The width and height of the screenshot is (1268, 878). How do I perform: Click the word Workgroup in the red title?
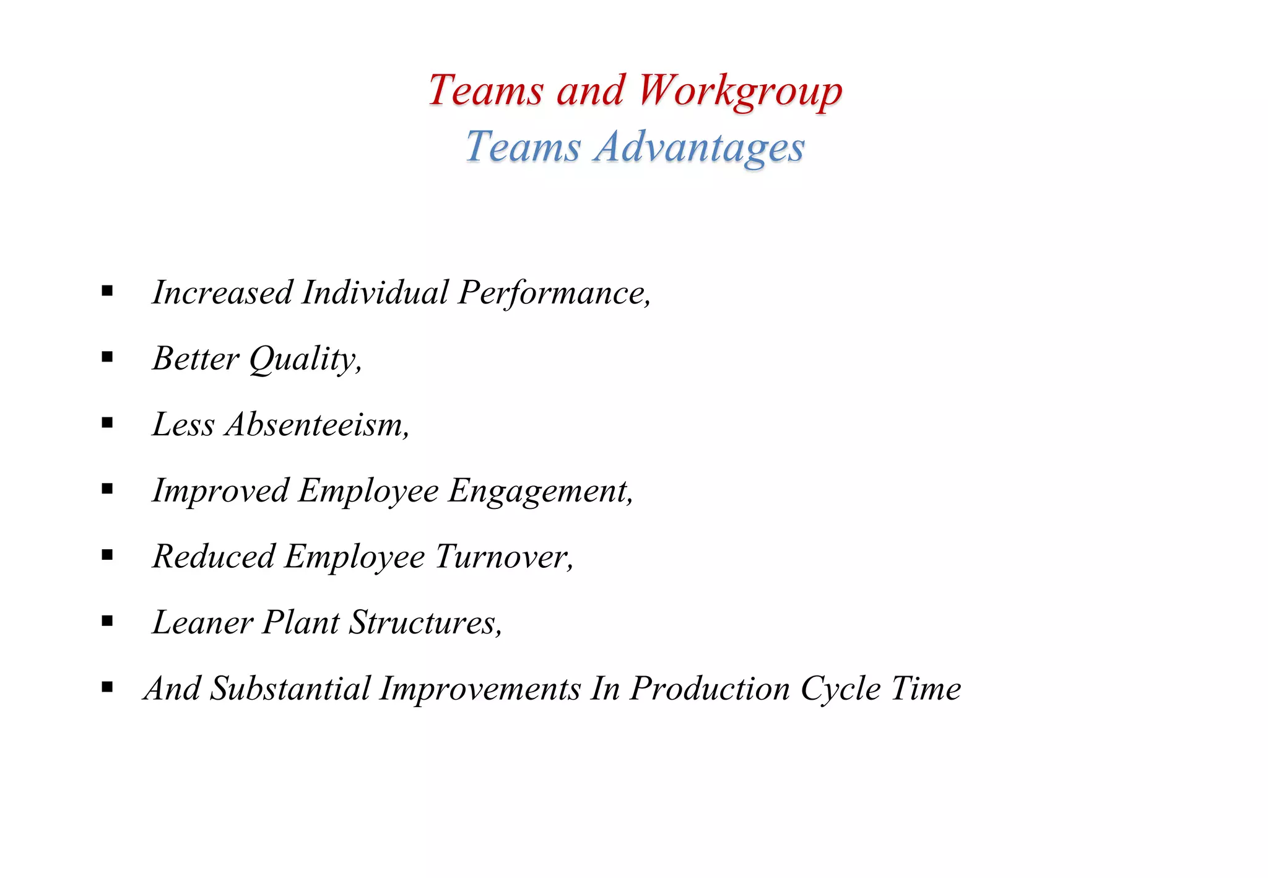pyautogui.click(x=740, y=91)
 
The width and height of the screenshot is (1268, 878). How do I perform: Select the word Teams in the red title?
pyautogui.click(x=485, y=91)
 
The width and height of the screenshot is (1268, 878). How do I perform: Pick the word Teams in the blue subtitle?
pyautogui.click(x=523, y=148)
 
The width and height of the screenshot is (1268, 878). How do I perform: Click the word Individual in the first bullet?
pyautogui.click(x=375, y=292)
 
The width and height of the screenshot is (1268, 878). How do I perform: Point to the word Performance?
pyautogui.click(x=554, y=293)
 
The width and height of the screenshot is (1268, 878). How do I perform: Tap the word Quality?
pyautogui.click(x=305, y=359)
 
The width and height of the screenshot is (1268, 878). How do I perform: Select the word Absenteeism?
pyautogui.click(x=317, y=425)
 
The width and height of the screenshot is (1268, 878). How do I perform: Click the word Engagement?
pyautogui.click(x=541, y=492)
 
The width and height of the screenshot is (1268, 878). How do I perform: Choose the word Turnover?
pyautogui.click(x=504, y=557)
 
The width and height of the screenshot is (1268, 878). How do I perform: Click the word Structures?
pyautogui.click(x=425, y=623)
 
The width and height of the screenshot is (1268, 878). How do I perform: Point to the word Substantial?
pyautogui.click(x=290, y=689)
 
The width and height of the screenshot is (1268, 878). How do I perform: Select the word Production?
pyautogui.click(x=710, y=689)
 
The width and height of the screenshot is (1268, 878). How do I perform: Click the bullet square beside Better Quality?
pyautogui.click(x=108, y=357)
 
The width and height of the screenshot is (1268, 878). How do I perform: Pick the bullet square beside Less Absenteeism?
pyautogui.click(x=108, y=423)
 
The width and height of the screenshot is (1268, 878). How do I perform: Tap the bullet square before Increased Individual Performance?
pyautogui.click(x=108, y=290)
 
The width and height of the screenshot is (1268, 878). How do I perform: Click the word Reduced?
pyautogui.click(x=214, y=557)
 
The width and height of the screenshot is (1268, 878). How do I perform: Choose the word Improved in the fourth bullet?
pyautogui.click(x=220, y=492)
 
